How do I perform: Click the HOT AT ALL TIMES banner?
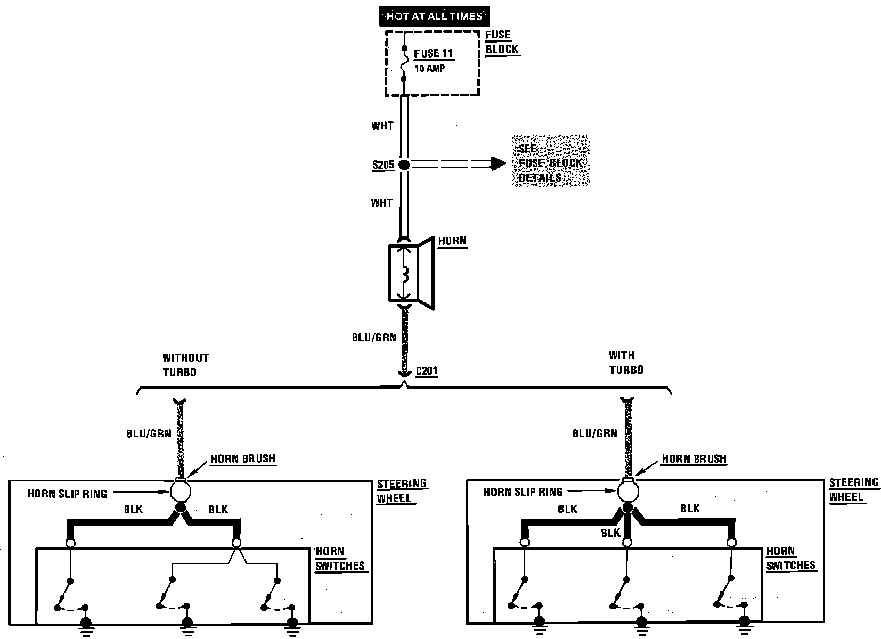(x=434, y=16)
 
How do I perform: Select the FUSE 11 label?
(x=434, y=53)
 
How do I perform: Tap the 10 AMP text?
(x=429, y=69)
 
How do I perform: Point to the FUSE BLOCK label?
(x=501, y=42)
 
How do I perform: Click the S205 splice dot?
(x=404, y=165)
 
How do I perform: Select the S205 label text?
(x=383, y=165)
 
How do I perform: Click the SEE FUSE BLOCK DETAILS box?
(x=550, y=162)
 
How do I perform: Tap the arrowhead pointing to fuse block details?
(x=498, y=163)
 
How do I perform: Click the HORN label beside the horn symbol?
(x=452, y=241)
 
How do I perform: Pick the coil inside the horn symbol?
(x=405, y=275)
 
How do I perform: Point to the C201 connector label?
(x=426, y=371)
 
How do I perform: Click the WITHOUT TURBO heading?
(x=185, y=365)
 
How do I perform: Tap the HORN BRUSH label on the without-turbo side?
(x=243, y=459)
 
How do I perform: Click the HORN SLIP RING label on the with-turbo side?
(x=523, y=493)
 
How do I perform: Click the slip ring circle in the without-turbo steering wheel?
(x=181, y=490)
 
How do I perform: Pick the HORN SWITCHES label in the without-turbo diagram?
(x=339, y=559)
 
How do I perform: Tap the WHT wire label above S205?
(x=382, y=126)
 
